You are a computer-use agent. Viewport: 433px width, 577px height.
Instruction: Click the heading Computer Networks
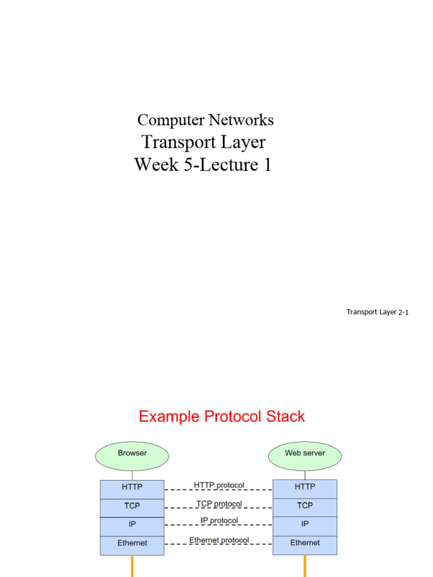coord(205,120)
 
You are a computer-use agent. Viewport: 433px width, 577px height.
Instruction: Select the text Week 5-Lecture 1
coord(202,165)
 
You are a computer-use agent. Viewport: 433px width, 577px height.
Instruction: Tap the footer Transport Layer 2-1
coord(377,312)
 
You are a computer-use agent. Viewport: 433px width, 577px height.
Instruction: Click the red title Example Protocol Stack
coord(222,417)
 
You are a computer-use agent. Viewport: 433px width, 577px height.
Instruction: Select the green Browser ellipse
coord(132,454)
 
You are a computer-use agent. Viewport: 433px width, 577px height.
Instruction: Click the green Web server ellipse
coord(304,454)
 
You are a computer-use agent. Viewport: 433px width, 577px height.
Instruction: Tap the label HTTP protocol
coord(219,485)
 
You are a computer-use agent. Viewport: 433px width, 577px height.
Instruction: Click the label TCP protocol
coord(219,503)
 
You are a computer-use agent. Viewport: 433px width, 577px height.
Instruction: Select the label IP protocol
coord(219,521)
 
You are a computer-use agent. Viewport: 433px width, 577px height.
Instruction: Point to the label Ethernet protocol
coord(219,540)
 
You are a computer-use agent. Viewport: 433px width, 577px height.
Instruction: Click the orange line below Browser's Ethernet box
coord(132,566)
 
